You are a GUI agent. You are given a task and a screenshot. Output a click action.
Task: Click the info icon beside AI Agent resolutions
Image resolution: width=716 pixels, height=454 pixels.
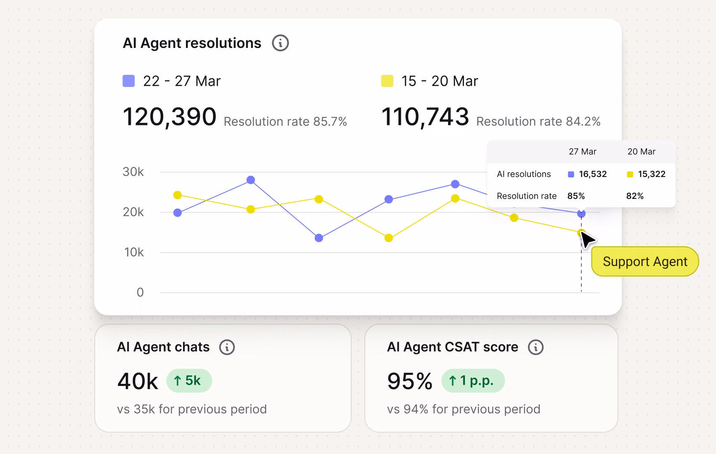(x=280, y=43)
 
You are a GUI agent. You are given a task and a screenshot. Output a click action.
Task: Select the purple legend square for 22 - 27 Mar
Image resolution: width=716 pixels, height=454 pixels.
(x=128, y=81)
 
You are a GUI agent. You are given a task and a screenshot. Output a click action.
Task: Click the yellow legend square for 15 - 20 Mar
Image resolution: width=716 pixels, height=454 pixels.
(x=387, y=81)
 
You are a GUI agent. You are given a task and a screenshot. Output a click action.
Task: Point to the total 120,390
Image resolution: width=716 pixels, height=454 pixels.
(x=170, y=117)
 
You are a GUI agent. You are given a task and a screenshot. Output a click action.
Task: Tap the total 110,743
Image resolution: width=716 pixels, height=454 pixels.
(x=425, y=117)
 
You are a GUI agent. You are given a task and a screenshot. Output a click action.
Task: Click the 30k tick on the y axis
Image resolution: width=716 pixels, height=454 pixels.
(x=133, y=172)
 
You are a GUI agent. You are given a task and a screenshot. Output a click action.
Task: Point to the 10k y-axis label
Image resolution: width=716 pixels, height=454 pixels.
(x=134, y=252)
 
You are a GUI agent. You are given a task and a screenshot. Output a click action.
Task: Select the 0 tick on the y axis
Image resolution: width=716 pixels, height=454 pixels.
(x=140, y=292)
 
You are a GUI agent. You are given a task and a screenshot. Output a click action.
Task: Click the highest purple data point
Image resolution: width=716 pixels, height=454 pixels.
(x=251, y=180)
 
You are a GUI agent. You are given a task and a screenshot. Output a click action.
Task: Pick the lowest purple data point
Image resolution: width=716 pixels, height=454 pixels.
(x=319, y=238)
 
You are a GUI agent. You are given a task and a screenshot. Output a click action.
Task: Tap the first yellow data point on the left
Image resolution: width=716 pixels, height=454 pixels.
(x=178, y=195)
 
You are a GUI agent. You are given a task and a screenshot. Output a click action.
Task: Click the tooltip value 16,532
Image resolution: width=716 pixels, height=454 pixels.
(x=593, y=174)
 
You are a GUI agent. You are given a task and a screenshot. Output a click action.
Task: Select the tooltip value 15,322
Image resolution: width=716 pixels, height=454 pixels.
(x=652, y=174)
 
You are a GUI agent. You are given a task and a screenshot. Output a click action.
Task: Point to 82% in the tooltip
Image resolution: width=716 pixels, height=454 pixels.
(x=635, y=196)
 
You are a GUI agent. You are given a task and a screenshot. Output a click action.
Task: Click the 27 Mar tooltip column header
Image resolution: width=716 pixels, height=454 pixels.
(x=582, y=151)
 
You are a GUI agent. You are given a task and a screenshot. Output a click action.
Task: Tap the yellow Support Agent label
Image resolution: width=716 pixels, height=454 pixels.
(x=645, y=261)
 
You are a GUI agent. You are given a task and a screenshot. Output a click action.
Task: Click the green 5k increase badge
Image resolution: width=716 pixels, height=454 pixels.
(x=189, y=380)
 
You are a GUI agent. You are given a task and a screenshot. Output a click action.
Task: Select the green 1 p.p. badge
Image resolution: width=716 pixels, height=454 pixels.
(x=473, y=380)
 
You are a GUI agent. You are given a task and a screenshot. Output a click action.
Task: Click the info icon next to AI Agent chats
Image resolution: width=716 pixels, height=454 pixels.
(x=227, y=347)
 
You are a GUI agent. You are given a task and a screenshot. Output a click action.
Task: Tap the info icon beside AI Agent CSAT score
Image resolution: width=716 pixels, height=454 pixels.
(x=536, y=347)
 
